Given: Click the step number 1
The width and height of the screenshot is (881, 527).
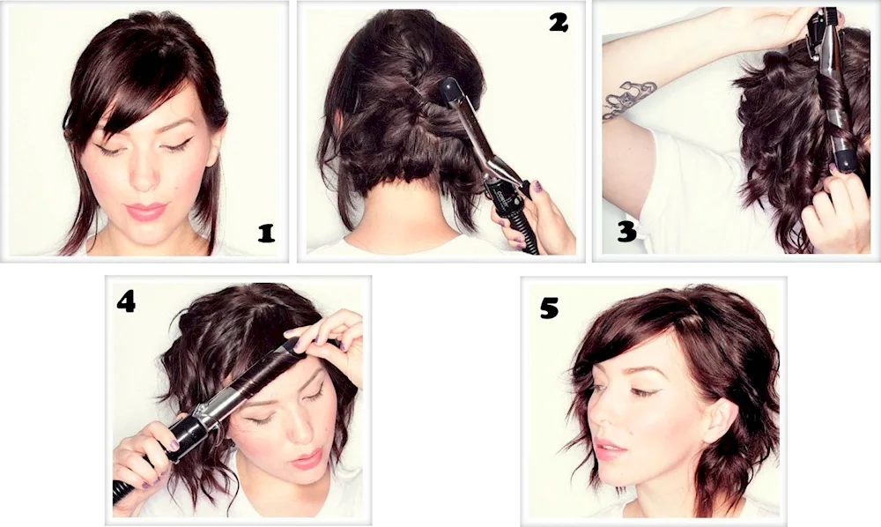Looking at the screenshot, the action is (x=266, y=233).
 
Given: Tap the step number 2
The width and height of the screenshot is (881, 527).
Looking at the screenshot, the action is (x=559, y=23).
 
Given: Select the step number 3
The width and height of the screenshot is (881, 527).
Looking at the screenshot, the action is (x=626, y=231).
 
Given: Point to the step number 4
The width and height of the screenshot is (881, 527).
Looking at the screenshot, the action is (x=126, y=302).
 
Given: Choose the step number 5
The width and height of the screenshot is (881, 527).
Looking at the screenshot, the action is (x=549, y=308).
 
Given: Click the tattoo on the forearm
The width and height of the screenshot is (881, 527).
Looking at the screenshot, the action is (x=628, y=98).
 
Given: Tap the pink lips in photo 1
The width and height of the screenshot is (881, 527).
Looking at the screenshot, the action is (x=145, y=211).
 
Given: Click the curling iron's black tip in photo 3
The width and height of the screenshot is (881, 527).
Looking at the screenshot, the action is (x=844, y=159).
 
